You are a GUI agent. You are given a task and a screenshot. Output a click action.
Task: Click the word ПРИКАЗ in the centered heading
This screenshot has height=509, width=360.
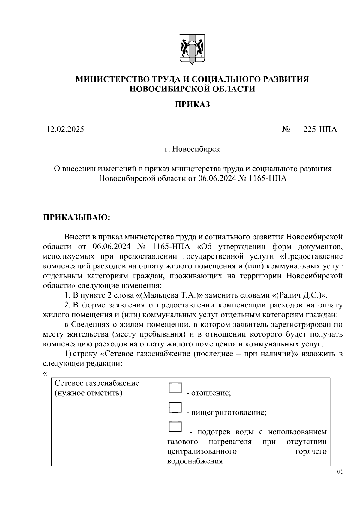[192, 104]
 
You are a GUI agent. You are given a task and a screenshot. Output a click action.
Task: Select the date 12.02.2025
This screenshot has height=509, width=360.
[65, 129]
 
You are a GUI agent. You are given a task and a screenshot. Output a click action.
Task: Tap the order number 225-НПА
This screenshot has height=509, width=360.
[320, 129]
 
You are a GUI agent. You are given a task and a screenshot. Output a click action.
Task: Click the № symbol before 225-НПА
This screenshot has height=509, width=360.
[286, 130]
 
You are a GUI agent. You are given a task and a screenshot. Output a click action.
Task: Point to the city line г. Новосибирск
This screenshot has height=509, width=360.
[192, 149]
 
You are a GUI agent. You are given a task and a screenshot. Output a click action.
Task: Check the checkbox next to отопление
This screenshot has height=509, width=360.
[175, 388]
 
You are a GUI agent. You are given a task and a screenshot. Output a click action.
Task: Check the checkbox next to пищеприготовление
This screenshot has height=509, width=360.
[175, 407]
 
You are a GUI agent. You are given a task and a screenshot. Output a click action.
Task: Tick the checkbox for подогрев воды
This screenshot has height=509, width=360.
[175, 427]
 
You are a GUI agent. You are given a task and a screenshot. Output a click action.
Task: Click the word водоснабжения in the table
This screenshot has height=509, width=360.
[195, 461]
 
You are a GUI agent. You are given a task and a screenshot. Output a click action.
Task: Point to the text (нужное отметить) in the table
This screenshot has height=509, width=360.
[88, 393]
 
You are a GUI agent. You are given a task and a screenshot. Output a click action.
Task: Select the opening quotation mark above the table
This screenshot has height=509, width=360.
[45, 373]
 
